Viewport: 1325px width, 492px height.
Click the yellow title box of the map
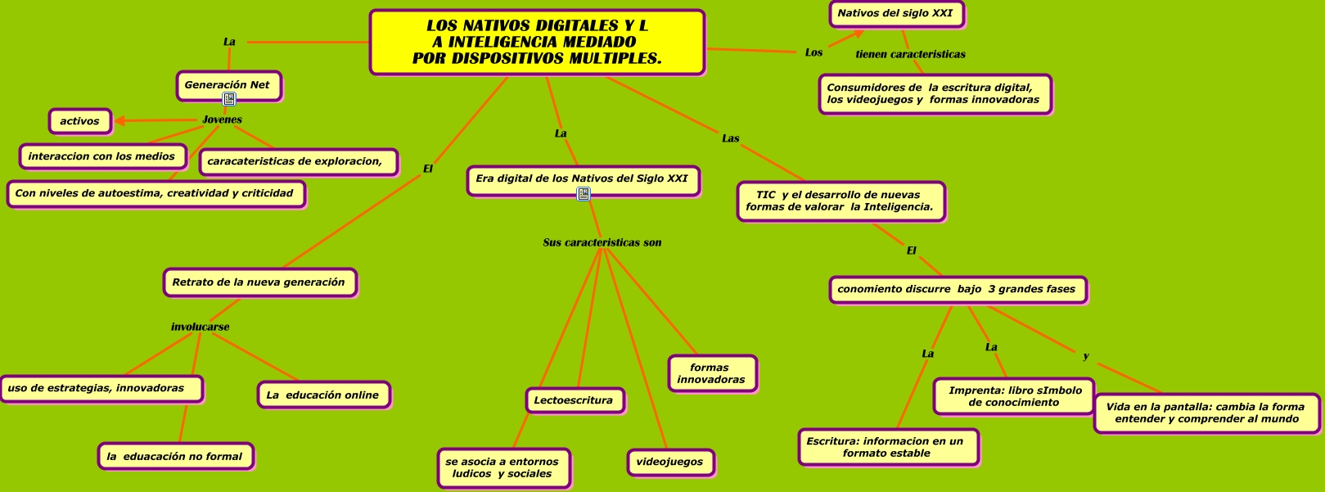[x=537, y=43]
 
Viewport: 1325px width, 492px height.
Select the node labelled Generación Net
[x=228, y=85]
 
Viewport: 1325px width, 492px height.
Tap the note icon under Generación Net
[x=229, y=99]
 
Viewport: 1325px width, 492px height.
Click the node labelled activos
[x=79, y=121]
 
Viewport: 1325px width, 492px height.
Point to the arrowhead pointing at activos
[x=119, y=121]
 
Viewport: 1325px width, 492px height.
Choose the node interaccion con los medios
[x=101, y=156]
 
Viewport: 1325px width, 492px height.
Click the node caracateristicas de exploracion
[x=297, y=161]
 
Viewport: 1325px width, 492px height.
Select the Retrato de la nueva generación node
[x=259, y=282]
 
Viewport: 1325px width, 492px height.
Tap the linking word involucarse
[x=200, y=327]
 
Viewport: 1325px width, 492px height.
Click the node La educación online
[x=322, y=395]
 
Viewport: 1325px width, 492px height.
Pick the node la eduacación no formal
[x=175, y=457]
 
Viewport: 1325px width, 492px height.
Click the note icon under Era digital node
[x=584, y=194]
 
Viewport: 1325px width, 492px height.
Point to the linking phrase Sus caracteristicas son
[x=602, y=242]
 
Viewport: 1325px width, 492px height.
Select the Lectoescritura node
[x=574, y=400]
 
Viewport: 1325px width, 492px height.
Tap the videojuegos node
[x=669, y=462]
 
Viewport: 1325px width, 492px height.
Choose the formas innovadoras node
[x=711, y=373]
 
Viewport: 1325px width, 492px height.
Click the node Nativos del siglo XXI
[x=895, y=14]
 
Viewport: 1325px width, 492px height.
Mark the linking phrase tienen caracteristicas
[x=910, y=54]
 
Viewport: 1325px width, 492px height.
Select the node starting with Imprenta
[x=1015, y=396]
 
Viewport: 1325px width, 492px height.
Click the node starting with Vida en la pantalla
[x=1206, y=413]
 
